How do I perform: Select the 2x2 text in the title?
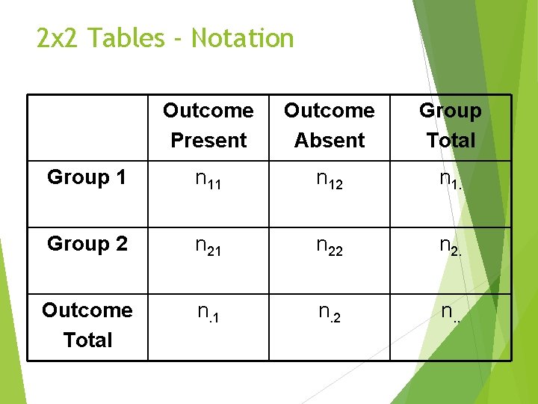point(58,38)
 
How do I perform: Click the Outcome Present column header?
point(208,125)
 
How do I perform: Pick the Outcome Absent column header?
point(329,125)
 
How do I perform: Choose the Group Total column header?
point(451,125)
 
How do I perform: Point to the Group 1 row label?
point(87,178)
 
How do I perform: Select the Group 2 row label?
point(87,244)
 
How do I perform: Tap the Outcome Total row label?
point(87,325)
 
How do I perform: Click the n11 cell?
point(208,179)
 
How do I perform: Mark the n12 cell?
point(329,179)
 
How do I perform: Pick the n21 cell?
point(208,245)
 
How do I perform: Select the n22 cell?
point(329,245)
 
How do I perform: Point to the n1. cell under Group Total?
point(451,179)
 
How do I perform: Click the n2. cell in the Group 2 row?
point(451,245)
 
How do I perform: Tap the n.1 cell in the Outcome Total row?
point(208,312)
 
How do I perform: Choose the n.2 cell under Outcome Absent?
point(329,312)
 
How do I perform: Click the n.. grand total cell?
point(451,312)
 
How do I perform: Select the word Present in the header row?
point(208,140)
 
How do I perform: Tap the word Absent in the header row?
point(330,140)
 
